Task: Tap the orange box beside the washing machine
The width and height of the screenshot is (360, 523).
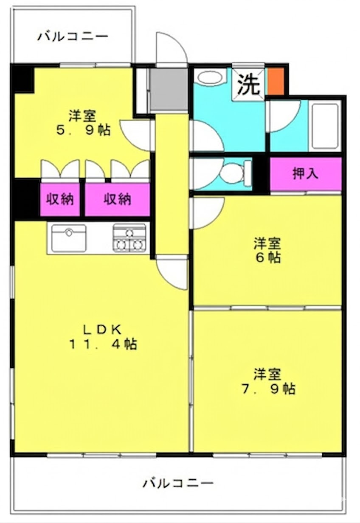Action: (x=276, y=81)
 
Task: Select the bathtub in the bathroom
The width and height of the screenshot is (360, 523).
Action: (x=325, y=126)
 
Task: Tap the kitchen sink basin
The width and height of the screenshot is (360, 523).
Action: (x=69, y=238)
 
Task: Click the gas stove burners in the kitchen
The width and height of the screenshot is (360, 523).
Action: (x=129, y=238)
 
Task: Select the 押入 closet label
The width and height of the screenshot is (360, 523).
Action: (x=305, y=173)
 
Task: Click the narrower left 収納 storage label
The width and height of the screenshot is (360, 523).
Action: (x=60, y=199)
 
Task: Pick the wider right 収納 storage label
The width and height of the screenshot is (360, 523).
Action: (x=117, y=199)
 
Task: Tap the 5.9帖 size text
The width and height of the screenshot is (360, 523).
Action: (x=83, y=130)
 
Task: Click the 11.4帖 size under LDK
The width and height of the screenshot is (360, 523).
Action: (x=103, y=344)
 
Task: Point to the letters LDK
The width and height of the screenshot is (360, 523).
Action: (x=102, y=330)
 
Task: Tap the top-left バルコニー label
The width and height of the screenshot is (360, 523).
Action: (x=73, y=37)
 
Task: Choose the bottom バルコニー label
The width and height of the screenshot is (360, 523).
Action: (x=178, y=483)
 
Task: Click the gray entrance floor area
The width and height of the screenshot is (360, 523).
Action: (x=169, y=89)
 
